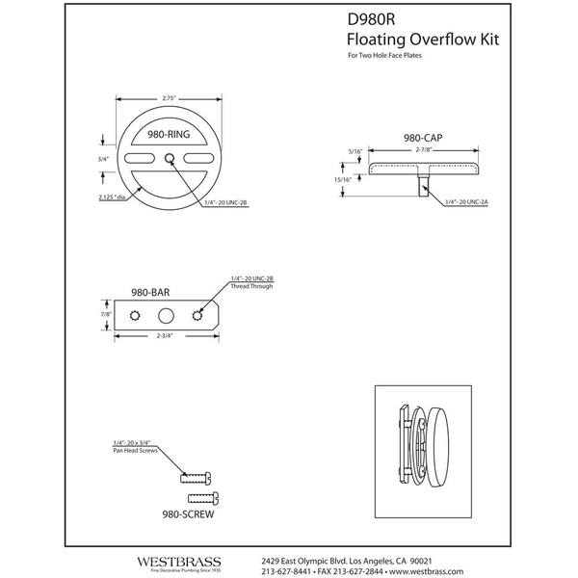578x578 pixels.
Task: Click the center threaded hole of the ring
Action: click(x=169, y=157)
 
